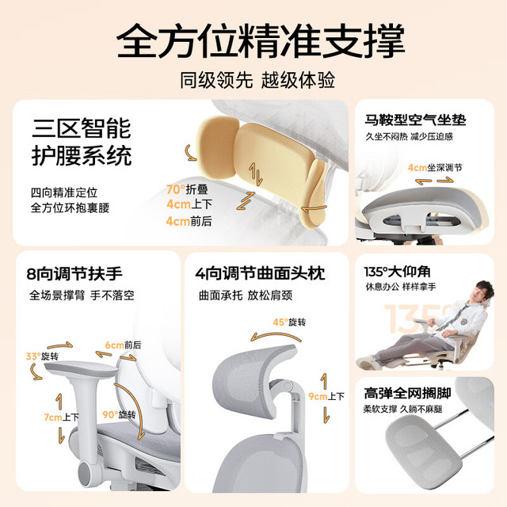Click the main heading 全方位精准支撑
click(261, 41)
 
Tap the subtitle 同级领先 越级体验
click(257, 80)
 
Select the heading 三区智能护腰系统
click(82, 142)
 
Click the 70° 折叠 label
click(187, 189)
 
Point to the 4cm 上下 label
click(189, 204)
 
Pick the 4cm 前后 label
click(189, 221)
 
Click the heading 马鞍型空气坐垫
click(415, 120)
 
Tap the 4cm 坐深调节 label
click(435, 167)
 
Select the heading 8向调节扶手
click(74, 274)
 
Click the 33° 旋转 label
click(42, 356)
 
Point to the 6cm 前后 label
click(124, 345)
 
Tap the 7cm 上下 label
click(62, 417)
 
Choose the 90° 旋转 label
click(119, 414)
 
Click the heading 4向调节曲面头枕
click(260, 273)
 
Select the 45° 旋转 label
click(289, 322)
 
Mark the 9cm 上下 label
click(326, 396)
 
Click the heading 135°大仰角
click(397, 272)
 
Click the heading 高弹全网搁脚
click(407, 394)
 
